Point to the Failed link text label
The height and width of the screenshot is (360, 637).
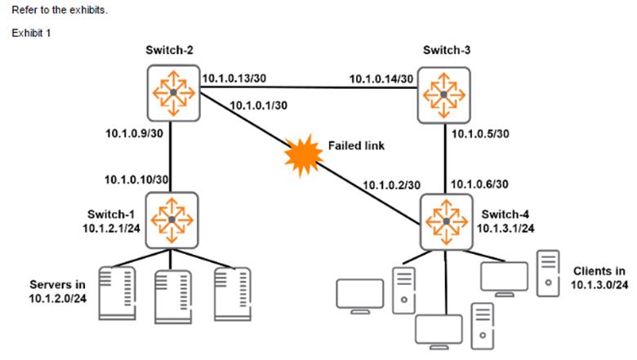point(355,144)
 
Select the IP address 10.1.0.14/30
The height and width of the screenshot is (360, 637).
point(381,79)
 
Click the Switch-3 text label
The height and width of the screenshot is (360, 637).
point(446,51)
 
